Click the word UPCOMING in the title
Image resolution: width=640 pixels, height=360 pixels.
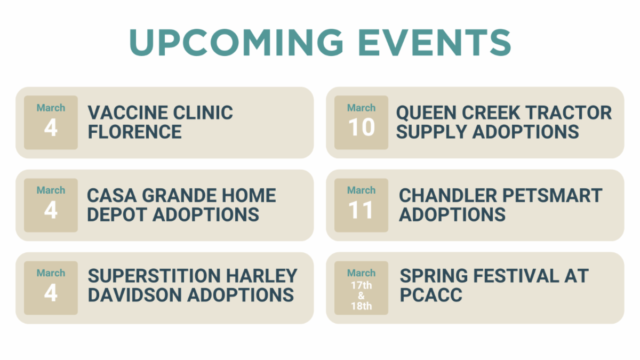236,43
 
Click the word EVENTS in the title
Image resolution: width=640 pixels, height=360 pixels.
435,43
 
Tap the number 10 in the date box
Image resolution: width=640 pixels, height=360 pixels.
362,127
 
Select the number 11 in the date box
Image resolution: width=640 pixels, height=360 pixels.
361,210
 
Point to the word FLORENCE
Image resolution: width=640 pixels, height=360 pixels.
134,132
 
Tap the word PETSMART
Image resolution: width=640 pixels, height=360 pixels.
553,195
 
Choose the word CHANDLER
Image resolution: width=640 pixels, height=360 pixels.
448,195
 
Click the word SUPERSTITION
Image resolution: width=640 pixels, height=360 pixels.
154,276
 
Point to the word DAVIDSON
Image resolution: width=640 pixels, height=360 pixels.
135,295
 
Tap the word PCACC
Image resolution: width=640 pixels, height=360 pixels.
431,295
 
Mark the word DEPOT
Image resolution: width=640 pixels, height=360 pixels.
117,214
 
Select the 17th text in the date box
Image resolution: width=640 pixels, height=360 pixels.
362,285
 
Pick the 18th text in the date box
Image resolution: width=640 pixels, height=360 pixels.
362,306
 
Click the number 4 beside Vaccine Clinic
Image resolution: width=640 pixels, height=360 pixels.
51,127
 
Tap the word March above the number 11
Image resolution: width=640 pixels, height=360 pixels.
361,190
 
